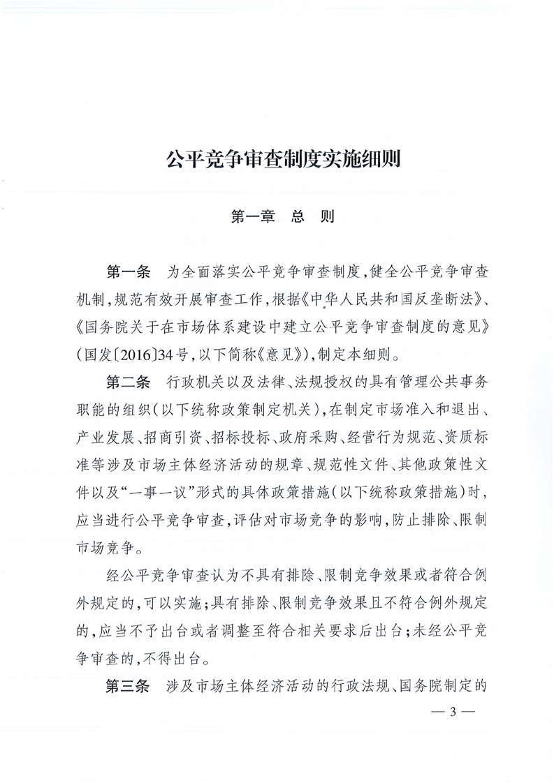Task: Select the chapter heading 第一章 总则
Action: point(282,216)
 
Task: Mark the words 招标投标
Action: point(241,436)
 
